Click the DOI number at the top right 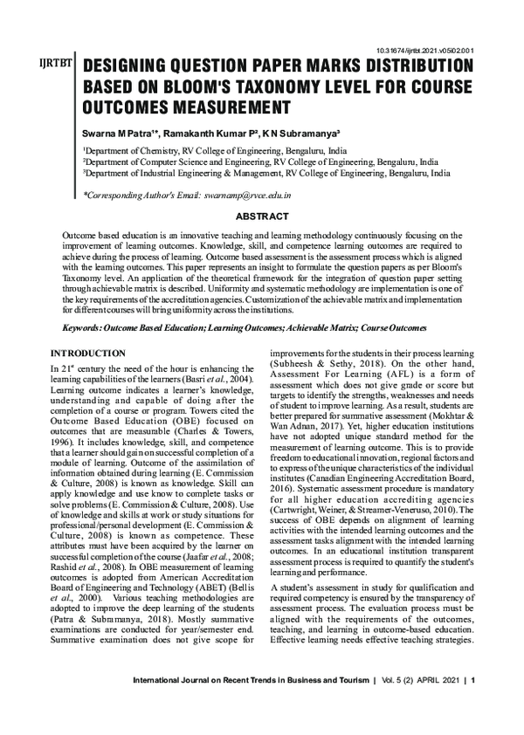pos(427,51)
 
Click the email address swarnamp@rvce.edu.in pos(247,196)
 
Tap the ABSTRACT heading pos(263,216)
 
